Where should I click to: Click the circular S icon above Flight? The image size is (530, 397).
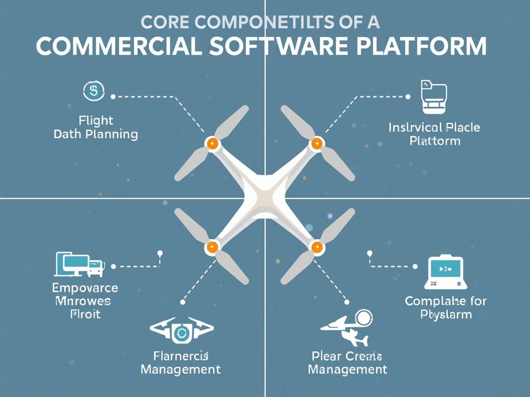(94, 91)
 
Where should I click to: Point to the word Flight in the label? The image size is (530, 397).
(96, 120)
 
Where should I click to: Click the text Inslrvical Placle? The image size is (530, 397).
(434, 127)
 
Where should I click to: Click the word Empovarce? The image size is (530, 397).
(85, 288)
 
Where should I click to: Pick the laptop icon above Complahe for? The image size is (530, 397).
(446, 272)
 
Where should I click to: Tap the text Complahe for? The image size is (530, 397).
(446, 301)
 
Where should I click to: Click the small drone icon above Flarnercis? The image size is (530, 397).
(181, 331)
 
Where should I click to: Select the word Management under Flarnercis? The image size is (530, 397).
(181, 370)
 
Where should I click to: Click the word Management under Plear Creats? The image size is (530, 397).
(347, 370)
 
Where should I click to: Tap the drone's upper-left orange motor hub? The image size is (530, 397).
(211, 143)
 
